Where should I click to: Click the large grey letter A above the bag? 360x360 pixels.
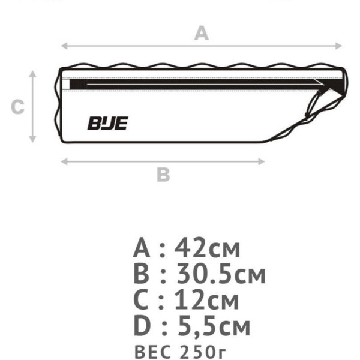coord(202,33)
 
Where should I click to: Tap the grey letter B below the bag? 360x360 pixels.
coord(163,175)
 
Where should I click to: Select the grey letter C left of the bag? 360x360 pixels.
coord(17,107)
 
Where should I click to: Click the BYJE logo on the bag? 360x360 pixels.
coord(107,123)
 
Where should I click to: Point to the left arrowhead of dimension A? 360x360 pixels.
coord(64,46)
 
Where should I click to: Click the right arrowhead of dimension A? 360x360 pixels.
coord(339,46)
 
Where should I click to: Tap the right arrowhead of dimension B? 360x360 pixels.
coord(262,161)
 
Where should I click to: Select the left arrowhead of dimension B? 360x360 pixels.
coord(64,161)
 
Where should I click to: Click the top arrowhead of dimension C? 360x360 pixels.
coord(32,74)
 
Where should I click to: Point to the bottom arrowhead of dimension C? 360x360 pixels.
coord(32,139)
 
